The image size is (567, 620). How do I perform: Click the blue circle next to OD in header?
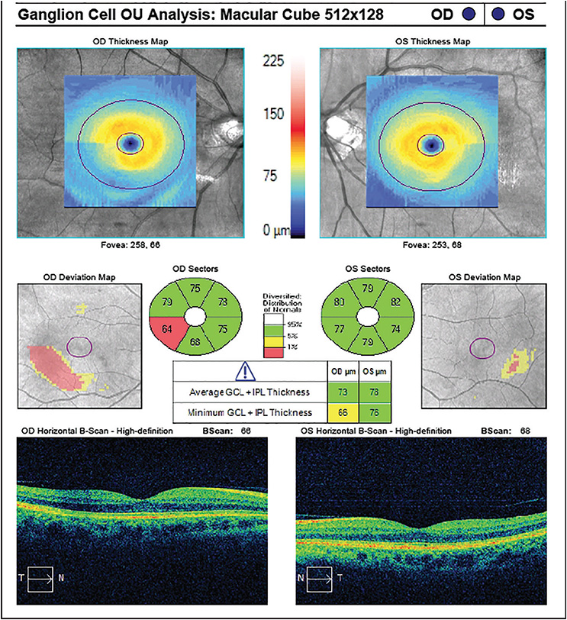(x=471, y=13)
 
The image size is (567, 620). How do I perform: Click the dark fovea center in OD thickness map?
(x=131, y=143)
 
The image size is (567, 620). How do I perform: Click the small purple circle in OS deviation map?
(x=482, y=349)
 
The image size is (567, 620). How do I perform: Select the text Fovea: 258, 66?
(x=130, y=245)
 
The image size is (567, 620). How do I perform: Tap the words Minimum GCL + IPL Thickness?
(x=252, y=413)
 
